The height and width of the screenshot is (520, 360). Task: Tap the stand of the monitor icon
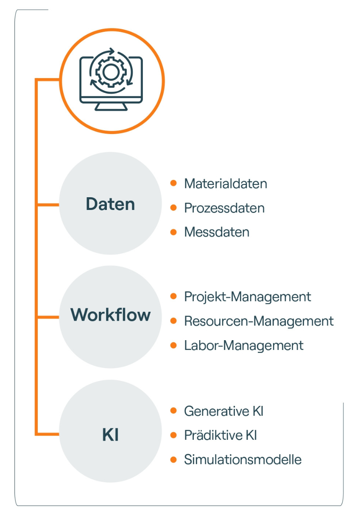[111, 106]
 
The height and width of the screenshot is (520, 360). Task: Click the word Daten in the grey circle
[110, 204]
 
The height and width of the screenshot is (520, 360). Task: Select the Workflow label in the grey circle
[110, 315]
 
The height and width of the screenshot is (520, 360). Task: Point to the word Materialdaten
[226, 184]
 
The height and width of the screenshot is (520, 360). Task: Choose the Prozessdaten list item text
[224, 208]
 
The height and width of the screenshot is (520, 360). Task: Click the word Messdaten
[217, 232]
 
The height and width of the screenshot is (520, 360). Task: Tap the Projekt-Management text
[248, 296]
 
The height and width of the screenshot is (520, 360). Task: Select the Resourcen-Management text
[259, 321]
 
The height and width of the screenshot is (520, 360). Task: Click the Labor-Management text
[244, 345]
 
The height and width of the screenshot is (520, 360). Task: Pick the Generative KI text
[224, 411]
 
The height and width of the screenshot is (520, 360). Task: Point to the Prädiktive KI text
[220, 435]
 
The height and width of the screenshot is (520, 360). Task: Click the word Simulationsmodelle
[243, 459]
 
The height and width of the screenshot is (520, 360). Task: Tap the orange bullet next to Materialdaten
[173, 183]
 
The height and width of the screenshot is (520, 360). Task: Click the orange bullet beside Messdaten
[173, 232]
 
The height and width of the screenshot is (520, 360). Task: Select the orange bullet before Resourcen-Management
[173, 321]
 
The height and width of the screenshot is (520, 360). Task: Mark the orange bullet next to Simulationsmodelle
[173, 459]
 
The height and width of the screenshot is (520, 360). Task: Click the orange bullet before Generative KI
[173, 411]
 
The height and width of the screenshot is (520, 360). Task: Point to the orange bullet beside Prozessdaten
[173, 208]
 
